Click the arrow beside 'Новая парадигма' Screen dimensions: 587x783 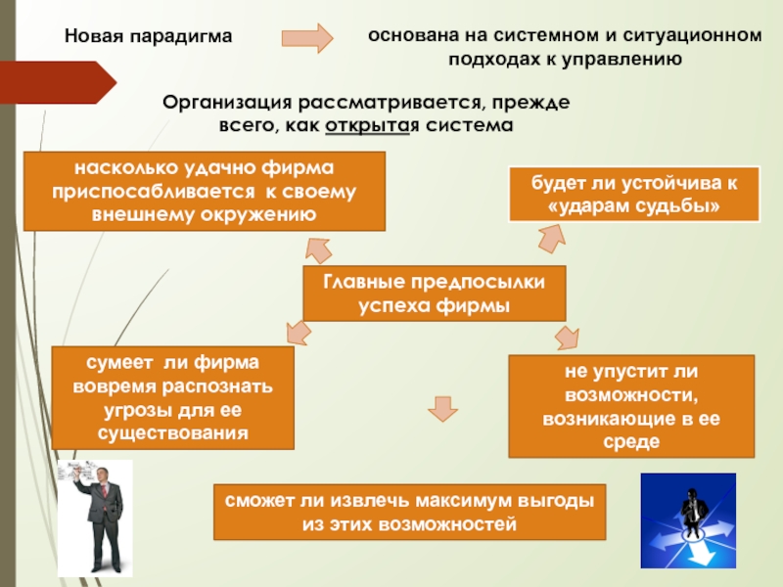pyautogui.click(x=306, y=37)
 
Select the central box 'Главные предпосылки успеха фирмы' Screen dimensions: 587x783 pyautogui.click(x=434, y=293)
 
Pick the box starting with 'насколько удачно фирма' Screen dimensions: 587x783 pyautogui.click(x=204, y=190)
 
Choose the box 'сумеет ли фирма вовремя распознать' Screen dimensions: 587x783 pyautogui.click(x=172, y=397)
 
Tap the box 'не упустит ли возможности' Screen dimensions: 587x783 pyautogui.click(x=632, y=406)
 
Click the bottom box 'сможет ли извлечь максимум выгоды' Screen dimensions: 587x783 pyautogui.click(x=410, y=513)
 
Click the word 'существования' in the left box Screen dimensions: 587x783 pyautogui.click(x=172, y=431)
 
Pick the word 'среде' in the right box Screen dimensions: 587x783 pyautogui.click(x=632, y=441)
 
